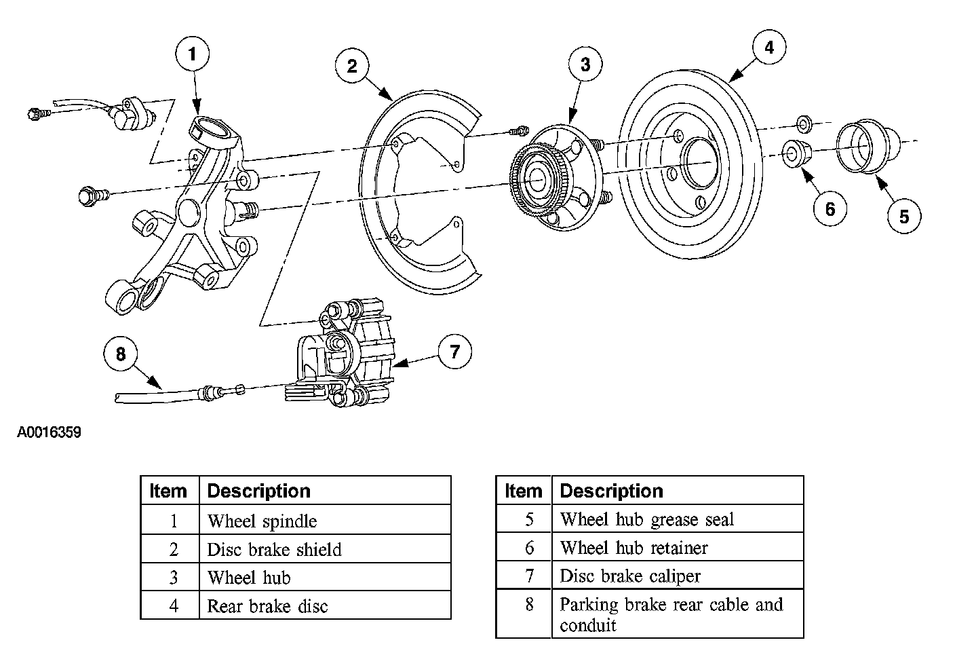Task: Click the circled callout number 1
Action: click(x=192, y=54)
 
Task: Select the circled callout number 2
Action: click(x=352, y=66)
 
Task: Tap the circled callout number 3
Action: click(x=585, y=64)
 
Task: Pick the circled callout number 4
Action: click(x=769, y=47)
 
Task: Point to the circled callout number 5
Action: click(x=904, y=217)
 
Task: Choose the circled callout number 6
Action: click(x=830, y=209)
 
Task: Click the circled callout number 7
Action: click(x=455, y=352)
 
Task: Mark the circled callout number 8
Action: click(x=121, y=354)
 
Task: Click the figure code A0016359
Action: click(x=49, y=432)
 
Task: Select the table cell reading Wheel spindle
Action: click(x=325, y=520)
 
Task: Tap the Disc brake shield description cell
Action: click(x=325, y=548)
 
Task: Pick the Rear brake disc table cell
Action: click(x=325, y=605)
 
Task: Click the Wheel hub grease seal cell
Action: click(x=678, y=519)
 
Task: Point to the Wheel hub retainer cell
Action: click(x=678, y=546)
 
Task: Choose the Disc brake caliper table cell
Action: click(x=678, y=575)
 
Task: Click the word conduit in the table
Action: click(x=588, y=625)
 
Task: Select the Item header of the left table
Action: click(x=168, y=491)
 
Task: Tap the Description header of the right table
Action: click(x=611, y=491)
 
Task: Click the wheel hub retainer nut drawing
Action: click(x=796, y=153)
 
